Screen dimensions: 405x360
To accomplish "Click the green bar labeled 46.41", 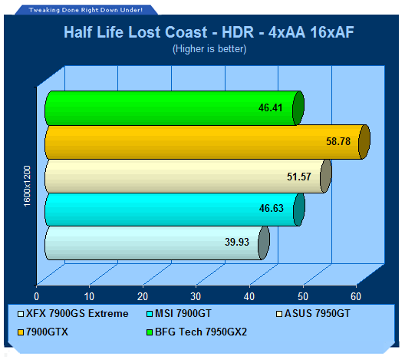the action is [x=174, y=108].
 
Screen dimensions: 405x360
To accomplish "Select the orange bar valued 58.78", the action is [x=207, y=142].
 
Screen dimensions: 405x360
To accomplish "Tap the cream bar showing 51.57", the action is [x=188, y=177].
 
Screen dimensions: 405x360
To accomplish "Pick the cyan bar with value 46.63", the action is [x=175, y=210].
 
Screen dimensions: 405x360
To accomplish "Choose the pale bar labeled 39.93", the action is [x=157, y=243].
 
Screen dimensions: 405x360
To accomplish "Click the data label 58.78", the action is [x=338, y=142].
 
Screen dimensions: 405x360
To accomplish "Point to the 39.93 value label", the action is [x=237, y=242].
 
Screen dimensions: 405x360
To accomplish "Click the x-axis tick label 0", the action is [x=36, y=297].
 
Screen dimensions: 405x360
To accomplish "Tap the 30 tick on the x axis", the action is [x=196, y=297].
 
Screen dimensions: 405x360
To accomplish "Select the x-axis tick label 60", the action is [x=356, y=297].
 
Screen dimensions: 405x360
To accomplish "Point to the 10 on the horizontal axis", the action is [x=90, y=297].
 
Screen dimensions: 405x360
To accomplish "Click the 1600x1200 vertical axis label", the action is [x=27, y=186].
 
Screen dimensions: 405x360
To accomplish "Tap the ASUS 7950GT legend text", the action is [x=318, y=313].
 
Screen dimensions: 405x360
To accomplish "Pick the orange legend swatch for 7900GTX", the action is [x=21, y=332].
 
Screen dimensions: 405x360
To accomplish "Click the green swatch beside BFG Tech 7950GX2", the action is [x=150, y=332].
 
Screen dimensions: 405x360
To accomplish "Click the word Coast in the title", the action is [x=186, y=32].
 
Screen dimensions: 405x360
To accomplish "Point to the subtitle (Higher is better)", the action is [x=209, y=49].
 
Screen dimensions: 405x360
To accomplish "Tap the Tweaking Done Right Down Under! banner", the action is [x=85, y=10].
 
